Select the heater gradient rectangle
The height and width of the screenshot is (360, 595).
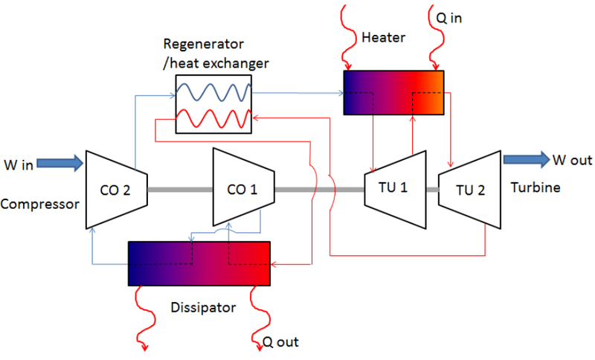393,92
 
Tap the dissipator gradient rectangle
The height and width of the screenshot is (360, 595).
199,263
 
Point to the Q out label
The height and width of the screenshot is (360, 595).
282,344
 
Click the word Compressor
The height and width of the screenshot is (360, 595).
39,203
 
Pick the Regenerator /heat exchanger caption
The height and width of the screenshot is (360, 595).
216,53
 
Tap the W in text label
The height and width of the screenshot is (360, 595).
18,163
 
